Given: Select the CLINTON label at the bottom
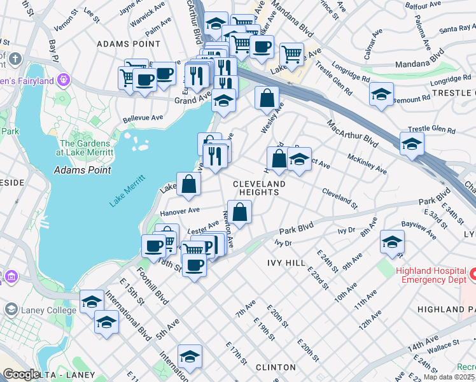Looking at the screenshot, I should (276, 367).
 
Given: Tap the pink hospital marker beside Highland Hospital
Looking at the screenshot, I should (472, 275).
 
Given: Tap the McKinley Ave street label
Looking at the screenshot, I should (367, 164).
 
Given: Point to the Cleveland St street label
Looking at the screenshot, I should (340, 195).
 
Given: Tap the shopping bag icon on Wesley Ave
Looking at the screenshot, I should (267, 99).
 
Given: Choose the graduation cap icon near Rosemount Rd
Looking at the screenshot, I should (381, 94).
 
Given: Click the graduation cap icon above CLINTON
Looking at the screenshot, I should (190, 357).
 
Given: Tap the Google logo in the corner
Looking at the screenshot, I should (20, 374).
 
